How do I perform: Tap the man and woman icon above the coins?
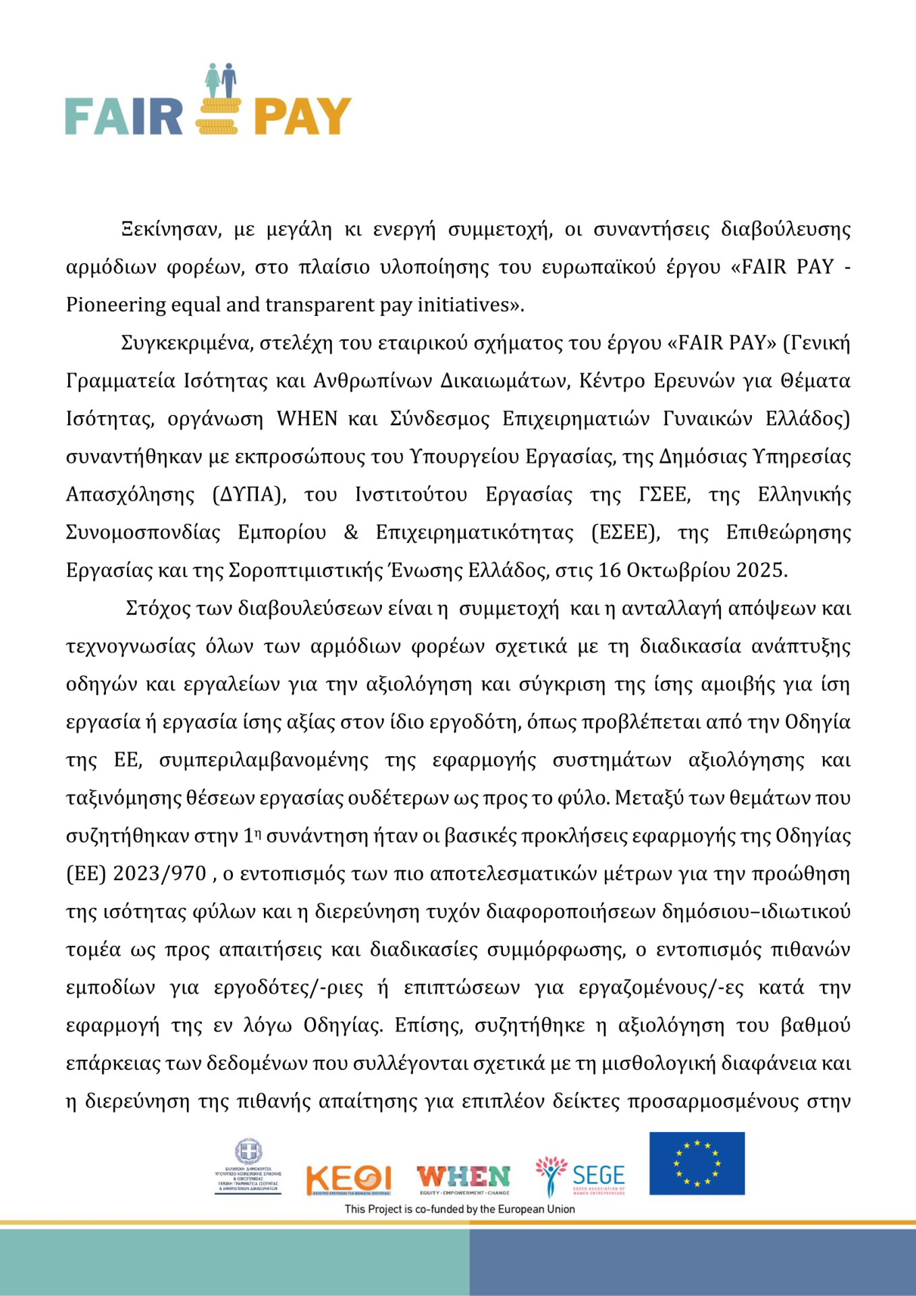[221, 80]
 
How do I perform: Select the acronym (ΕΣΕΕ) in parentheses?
[626, 533]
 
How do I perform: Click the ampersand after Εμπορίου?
[351, 533]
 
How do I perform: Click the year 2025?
[760, 571]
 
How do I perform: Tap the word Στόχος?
[159, 609]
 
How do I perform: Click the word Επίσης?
[429, 1026]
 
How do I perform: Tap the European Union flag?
[697, 1164]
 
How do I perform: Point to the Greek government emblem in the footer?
[248, 1153]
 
